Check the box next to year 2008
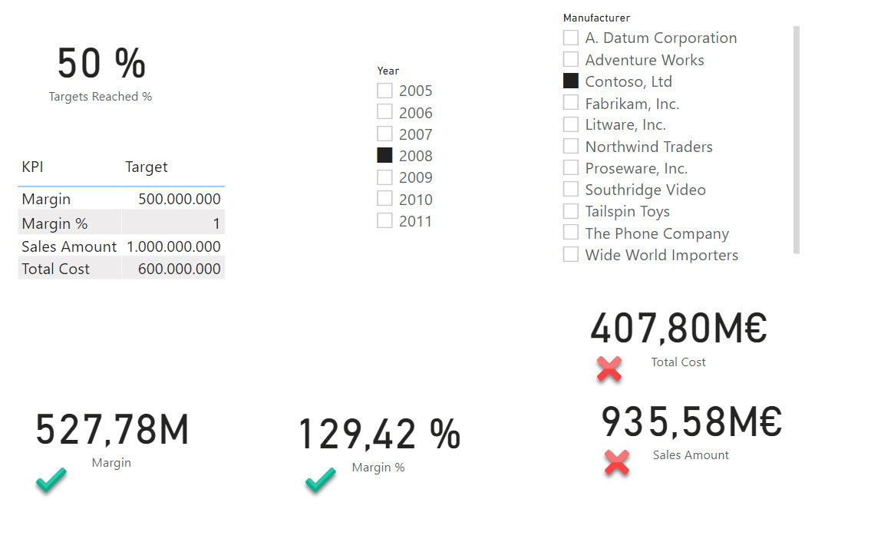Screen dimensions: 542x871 pos(384,155)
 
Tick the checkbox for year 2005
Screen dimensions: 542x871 pos(384,91)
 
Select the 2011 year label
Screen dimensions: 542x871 pos(415,221)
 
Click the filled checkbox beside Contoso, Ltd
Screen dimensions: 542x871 pos(570,81)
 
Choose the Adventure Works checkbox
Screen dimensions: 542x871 pos(570,59)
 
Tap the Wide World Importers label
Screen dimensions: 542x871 pos(661,255)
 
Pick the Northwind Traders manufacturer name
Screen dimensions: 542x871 pos(648,147)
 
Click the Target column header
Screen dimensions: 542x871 pos(147,167)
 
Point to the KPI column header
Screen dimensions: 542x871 pos(32,167)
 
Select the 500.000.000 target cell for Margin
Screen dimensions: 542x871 pos(180,199)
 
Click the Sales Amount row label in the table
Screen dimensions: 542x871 pos(69,246)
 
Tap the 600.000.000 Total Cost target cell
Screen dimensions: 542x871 pos(180,269)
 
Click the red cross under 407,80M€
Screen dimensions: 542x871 pos(609,369)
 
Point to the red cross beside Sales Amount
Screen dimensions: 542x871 pos(617,461)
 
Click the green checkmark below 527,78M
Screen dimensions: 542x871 pos(51,481)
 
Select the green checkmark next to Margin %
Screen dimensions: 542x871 pos(320,481)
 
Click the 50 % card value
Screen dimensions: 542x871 pos(101,63)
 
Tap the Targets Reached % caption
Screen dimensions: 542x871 pos(101,97)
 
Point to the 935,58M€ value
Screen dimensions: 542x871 pos(691,421)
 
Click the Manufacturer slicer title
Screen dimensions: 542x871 pos(596,18)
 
